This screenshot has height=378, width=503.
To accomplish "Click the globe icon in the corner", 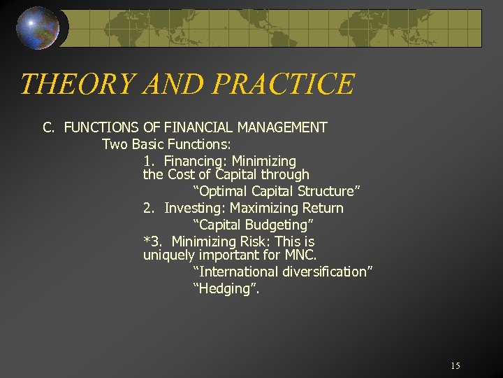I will point(38,29).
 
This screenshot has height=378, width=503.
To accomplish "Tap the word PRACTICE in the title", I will point(284,85).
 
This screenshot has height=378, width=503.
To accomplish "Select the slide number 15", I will point(455,366).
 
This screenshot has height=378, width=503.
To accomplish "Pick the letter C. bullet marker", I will point(48,127).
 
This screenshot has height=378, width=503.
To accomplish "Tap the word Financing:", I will point(194,161).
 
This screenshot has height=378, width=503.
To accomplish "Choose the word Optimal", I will point(224,191).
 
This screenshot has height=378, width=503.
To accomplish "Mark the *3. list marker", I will point(152,241).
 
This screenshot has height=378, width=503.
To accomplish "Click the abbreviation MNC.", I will point(301,255).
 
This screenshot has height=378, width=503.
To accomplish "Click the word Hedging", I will point(224,288).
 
